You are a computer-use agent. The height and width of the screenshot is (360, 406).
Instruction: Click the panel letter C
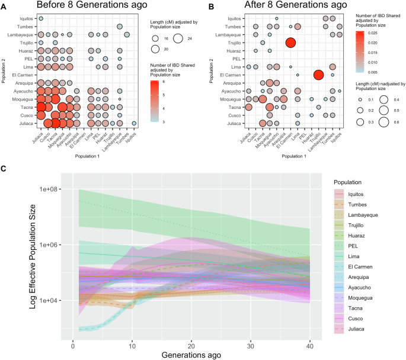coord(4,167)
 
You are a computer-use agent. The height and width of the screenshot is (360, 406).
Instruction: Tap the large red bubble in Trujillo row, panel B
coord(290,42)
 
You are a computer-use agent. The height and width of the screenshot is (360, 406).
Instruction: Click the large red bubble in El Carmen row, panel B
coord(318,75)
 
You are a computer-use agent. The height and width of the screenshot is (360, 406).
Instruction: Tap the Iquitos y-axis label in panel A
coord(25,18)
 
